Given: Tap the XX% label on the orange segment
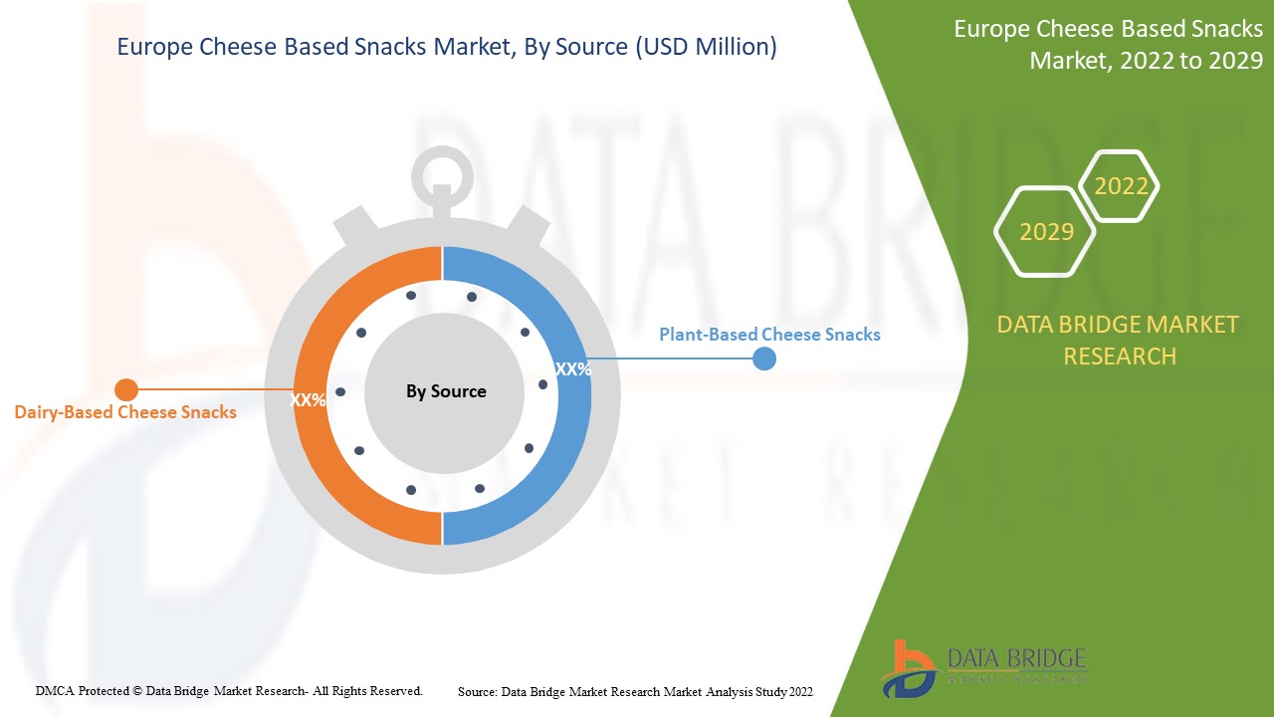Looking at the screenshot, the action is tap(308, 400).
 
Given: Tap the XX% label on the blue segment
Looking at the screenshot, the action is tap(572, 369).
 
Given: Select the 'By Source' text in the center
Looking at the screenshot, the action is tap(446, 391).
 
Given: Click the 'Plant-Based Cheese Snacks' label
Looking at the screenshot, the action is tap(769, 334).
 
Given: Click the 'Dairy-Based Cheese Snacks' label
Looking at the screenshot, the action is tap(125, 412).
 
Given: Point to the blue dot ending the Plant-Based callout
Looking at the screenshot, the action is tap(764, 358).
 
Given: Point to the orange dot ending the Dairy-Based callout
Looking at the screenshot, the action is tap(126, 389).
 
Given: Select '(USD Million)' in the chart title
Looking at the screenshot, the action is tap(706, 47).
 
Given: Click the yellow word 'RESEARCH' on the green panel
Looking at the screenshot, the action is tap(1120, 357).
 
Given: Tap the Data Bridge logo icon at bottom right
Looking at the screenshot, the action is tap(908, 669).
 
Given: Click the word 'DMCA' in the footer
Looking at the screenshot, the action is tap(55, 691).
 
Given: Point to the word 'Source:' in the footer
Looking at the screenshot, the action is tap(478, 692).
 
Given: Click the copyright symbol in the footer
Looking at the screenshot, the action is tap(137, 691).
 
